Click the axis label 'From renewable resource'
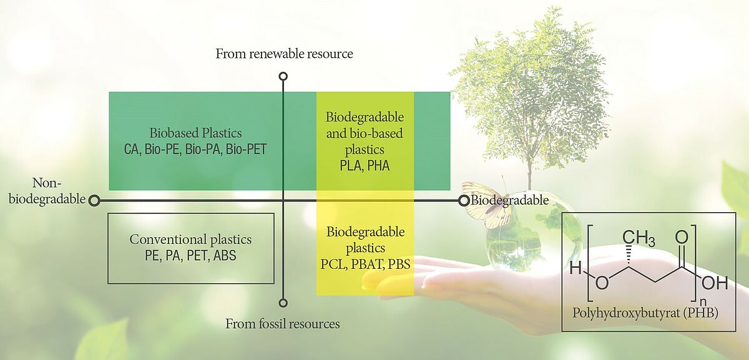[284, 54]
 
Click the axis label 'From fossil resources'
[283, 324]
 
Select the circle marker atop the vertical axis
[283, 76]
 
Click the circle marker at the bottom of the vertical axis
[283, 303]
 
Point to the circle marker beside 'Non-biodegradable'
[94, 200]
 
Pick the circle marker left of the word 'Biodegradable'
[464, 200]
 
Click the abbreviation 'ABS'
[224, 255]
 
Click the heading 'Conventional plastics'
[190, 240]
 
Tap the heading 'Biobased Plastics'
[195, 133]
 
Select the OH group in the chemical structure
[715, 283]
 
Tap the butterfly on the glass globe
[486, 204]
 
